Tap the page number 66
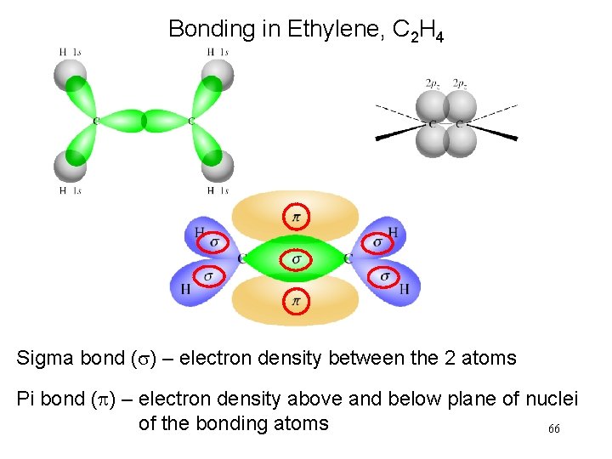(553, 429)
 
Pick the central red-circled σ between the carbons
(296, 258)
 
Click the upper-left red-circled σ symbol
(213, 243)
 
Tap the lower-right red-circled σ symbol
(385, 275)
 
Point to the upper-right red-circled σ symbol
(377, 243)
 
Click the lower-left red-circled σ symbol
(207, 275)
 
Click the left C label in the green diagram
(95, 122)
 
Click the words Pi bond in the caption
(53, 399)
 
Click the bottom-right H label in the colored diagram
(405, 289)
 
